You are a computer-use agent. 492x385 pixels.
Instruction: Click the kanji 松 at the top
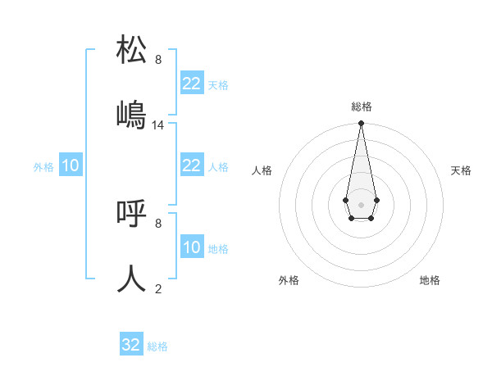point(132,50)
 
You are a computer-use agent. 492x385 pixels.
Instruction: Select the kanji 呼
point(132,214)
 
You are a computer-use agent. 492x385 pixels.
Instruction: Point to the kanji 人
point(132,279)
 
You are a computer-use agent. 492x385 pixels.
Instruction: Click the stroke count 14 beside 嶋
point(158,125)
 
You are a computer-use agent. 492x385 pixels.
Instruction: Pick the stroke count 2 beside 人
point(158,288)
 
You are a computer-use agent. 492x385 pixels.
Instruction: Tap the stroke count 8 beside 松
point(158,60)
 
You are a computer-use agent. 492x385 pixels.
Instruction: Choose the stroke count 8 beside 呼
point(158,223)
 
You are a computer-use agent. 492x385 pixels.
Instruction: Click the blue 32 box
point(131,345)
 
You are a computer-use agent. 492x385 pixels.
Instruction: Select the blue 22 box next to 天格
point(192,84)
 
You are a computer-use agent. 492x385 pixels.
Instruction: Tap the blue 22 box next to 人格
point(192,165)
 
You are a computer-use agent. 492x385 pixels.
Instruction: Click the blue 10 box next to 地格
point(192,247)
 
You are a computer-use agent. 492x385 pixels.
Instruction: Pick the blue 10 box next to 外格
point(71,165)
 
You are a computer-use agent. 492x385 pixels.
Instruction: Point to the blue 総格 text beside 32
point(157,346)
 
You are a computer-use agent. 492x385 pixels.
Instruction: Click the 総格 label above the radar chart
point(361,106)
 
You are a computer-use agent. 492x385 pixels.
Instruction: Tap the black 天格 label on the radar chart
point(461,170)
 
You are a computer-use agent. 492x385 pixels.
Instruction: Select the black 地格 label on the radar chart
point(430,280)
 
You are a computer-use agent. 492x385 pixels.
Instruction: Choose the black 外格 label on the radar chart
point(289,280)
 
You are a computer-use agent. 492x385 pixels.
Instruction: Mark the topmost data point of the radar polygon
point(361,124)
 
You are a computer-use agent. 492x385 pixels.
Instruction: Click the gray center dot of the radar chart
point(361,203)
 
